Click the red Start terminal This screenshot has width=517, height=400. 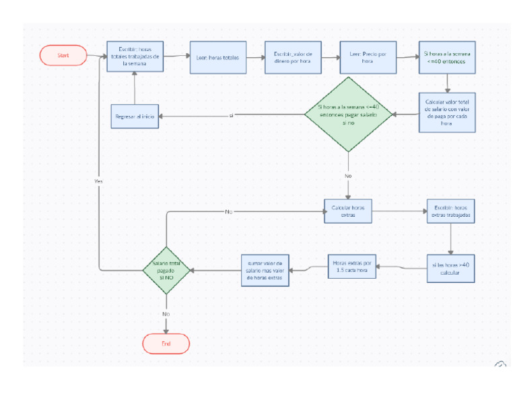[x=63, y=56]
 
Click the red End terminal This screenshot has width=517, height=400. [x=166, y=343]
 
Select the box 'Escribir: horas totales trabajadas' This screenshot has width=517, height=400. [x=135, y=57]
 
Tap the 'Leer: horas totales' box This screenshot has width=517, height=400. [x=218, y=57]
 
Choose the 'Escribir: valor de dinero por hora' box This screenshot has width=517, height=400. [x=292, y=57]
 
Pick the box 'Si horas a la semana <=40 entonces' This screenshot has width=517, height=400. [x=448, y=57]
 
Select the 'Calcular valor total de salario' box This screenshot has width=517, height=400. [x=447, y=112]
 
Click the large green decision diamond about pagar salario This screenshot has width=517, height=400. [x=347, y=114]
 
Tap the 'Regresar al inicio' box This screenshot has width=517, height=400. [x=135, y=116]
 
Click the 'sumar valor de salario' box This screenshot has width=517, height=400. [x=266, y=270]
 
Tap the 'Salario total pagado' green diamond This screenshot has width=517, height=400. [x=166, y=270]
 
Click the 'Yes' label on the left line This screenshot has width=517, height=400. [x=99, y=182]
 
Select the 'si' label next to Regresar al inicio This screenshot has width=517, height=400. [x=231, y=116]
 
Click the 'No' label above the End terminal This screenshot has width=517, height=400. [x=166, y=314]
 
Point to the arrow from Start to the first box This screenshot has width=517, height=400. [x=96, y=56]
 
